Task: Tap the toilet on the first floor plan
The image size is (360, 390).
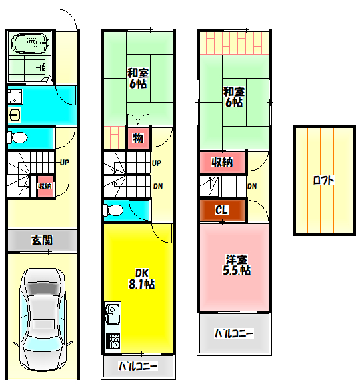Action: (17, 138)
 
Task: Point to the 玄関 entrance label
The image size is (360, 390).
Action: (41, 240)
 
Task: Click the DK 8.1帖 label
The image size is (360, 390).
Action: (141, 278)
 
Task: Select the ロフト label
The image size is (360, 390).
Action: (323, 180)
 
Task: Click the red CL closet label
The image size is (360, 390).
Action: (222, 210)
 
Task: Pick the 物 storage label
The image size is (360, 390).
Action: (137, 139)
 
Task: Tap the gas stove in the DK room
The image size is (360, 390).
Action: (111, 341)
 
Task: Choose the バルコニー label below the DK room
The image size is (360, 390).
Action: (138, 366)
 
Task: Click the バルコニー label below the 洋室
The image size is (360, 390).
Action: (234, 333)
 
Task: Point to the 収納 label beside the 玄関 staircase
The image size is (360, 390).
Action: (45, 186)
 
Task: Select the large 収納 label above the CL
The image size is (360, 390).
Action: (221, 162)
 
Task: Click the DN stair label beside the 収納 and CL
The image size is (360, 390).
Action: (253, 186)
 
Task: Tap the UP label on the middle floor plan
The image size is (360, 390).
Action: (157, 163)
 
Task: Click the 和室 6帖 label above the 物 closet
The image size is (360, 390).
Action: (138, 78)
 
